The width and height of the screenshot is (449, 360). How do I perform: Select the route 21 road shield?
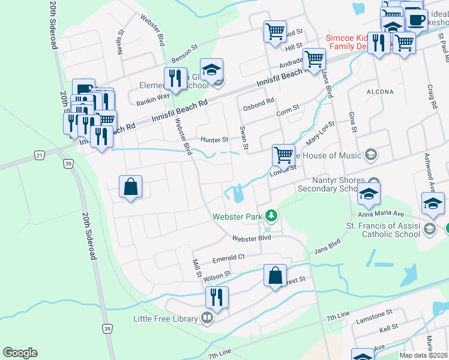pos(40,155)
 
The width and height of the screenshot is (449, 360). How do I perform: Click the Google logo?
pos(20,353)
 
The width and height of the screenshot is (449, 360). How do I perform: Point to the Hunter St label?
pos(214,140)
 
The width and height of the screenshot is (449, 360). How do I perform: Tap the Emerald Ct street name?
pos(229,258)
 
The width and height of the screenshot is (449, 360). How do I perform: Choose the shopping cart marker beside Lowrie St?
pos(283,155)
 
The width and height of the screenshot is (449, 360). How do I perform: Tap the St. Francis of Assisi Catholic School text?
pos(391,230)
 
